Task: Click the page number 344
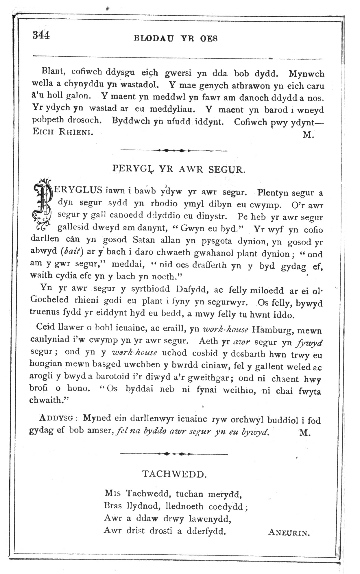pyautogui.click(x=41, y=35)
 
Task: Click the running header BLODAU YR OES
pyautogui.click(x=176, y=38)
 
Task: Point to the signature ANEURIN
pyautogui.click(x=289, y=532)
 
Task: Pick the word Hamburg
pyautogui.click(x=270, y=329)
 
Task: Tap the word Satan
pyautogui.click(x=143, y=240)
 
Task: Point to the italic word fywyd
pyautogui.click(x=309, y=343)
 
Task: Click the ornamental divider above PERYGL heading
pyautogui.click(x=174, y=150)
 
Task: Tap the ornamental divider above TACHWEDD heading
pyautogui.click(x=174, y=454)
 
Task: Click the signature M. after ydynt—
pyautogui.click(x=308, y=135)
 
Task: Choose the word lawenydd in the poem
pyautogui.click(x=210, y=519)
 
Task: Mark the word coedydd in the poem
pyautogui.click(x=226, y=506)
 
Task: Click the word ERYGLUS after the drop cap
pyautogui.click(x=78, y=190)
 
